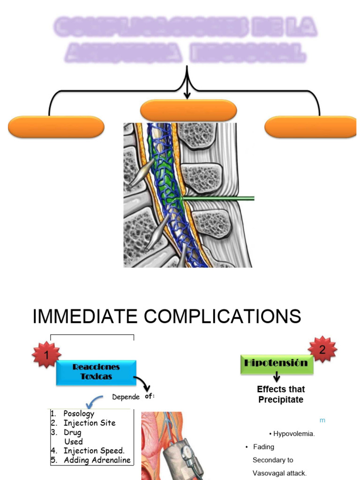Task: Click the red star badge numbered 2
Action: pyautogui.click(x=322, y=349)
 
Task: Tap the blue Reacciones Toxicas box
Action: pyautogui.click(x=96, y=372)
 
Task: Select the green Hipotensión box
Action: pyautogui.click(x=276, y=363)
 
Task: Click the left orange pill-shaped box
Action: pyautogui.click(x=56, y=127)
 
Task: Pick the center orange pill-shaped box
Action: pyautogui.click(x=188, y=111)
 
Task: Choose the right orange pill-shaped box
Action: pyautogui.click(x=310, y=127)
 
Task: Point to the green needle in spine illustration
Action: pyautogui.click(x=218, y=199)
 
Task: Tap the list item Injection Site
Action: pyautogui.click(x=89, y=423)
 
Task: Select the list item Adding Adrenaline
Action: pyautogui.click(x=97, y=460)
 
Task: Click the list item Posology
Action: pyautogui.click(x=79, y=413)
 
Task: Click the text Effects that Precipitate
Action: pyautogui.click(x=281, y=394)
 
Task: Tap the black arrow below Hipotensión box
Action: pyautogui.click(x=277, y=377)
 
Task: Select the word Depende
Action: pyautogui.click(x=126, y=397)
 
